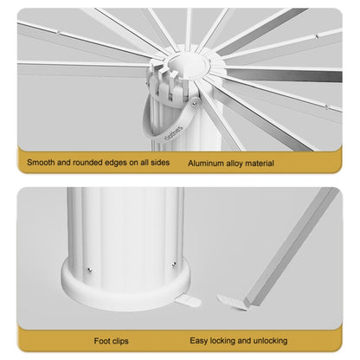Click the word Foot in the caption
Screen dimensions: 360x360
[x=102, y=341]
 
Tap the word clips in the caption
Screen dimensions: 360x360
[x=120, y=341]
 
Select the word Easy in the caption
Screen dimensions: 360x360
[x=199, y=341]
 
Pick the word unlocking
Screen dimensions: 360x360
[x=270, y=341]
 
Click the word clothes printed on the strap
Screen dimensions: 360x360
[x=173, y=133]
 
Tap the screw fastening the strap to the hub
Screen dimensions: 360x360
[x=195, y=104]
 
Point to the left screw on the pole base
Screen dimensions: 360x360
[x=89, y=270]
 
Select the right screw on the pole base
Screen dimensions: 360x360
[x=174, y=264]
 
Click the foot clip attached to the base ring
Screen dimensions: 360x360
[x=188, y=301]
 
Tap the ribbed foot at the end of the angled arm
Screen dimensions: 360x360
[x=232, y=302]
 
